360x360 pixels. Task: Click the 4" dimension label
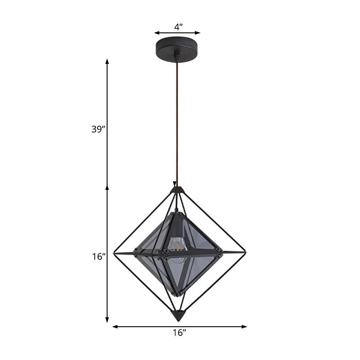(x=178, y=27)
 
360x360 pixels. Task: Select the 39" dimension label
(x=97, y=129)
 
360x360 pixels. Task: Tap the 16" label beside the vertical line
(x=97, y=256)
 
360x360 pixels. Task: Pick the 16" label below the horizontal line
(x=179, y=333)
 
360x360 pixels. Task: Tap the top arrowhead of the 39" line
(x=107, y=62)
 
